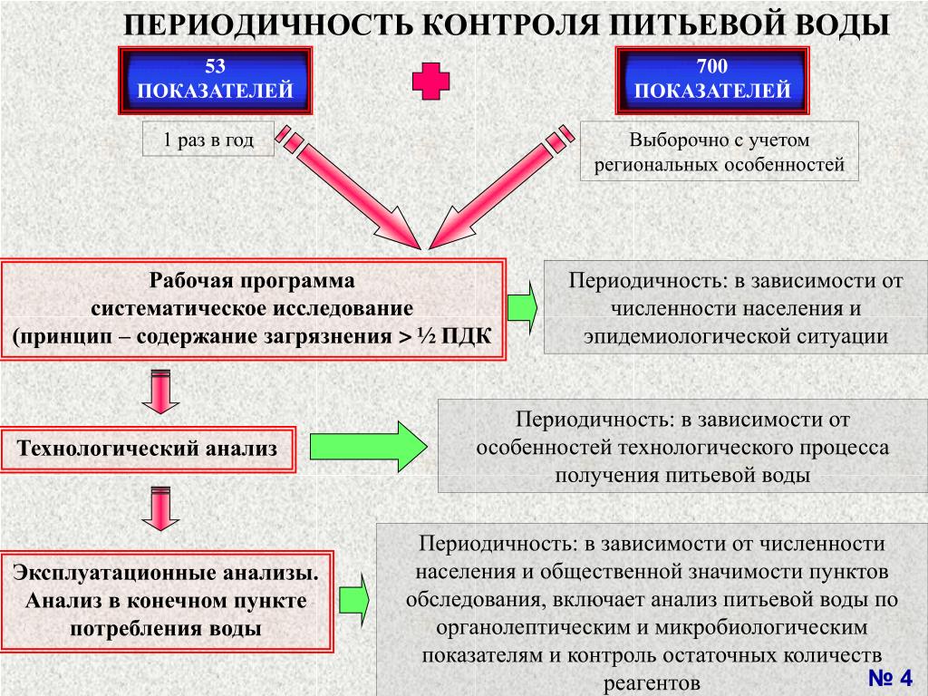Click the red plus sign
(430, 81)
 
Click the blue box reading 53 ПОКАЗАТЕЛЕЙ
(216, 81)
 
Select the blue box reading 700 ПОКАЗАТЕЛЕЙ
(712, 81)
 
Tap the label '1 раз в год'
(208, 140)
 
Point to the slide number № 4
(890, 677)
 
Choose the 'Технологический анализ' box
(148, 449)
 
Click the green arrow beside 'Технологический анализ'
(368, 447)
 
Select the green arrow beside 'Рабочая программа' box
(522, 308)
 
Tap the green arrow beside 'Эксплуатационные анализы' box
(354, 599)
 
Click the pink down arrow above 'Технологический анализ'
(160, 391)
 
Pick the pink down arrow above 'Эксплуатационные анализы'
(160, 508)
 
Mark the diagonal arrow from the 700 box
(500, 188)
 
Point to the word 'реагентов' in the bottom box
(652, 683)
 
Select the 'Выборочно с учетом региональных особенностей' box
(719, 151)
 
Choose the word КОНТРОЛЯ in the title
(513, 25)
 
